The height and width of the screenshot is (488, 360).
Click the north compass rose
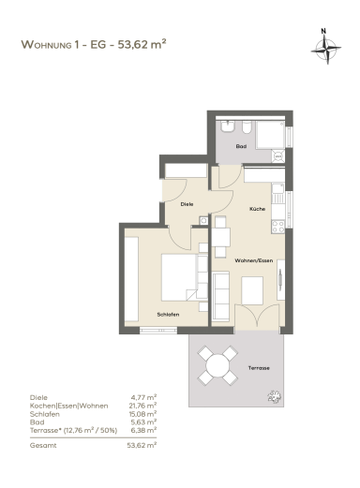(326, 49)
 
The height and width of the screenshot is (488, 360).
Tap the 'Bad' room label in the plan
(241, 146)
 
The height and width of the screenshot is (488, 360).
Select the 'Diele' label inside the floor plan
(187, 204)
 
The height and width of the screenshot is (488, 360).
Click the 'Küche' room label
(257, 209)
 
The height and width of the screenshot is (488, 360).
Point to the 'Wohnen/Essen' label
(254, 260)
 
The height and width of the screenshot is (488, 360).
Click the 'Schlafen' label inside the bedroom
(168, 315)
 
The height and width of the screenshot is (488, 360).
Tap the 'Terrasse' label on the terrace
(259, 368)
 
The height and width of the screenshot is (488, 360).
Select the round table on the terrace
(217, 365)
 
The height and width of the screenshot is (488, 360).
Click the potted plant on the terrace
(275, 396)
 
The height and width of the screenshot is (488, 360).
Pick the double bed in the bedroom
(185, 277)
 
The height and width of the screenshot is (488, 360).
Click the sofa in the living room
(221, 297)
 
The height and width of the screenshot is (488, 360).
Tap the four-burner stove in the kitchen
(277, 227)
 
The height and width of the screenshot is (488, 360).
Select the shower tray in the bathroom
(270, 135)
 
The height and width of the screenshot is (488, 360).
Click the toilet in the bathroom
(247, 126)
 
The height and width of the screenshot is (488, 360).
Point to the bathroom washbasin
(228, 126)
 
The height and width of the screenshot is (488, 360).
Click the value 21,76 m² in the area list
(142, 406)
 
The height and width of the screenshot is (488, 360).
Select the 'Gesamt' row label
(43, 446)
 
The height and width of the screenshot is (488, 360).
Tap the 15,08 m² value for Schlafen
(142, 414)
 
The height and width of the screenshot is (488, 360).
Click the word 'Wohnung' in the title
(46, 44)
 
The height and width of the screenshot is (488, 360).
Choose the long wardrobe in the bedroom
(131, 279)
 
